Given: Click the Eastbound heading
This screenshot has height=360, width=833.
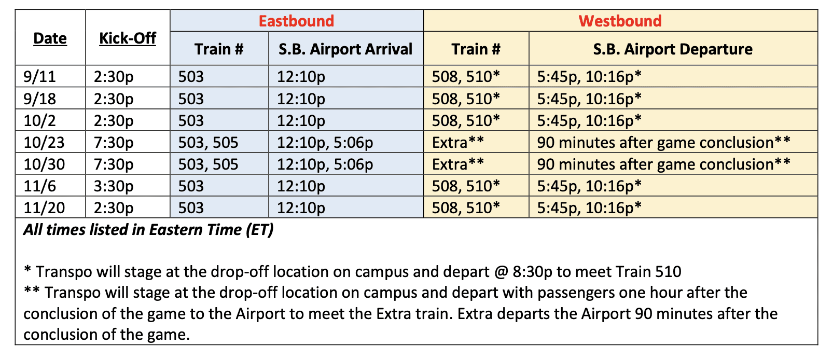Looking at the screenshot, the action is tap(296, 21).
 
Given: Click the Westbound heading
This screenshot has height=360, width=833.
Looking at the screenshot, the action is tap(620, 21).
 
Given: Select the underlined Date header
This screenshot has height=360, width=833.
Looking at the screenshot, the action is tap(50, 38).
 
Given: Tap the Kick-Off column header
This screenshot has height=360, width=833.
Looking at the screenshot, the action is tap(128, 38).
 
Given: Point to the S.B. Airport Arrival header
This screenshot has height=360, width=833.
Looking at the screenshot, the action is tap(345, 49).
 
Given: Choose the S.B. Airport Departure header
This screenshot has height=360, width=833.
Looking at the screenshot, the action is tap(673, 49).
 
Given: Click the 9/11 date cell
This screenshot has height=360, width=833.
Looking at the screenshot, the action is tap(40, 77).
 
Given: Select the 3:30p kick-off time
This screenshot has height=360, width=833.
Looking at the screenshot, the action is tap(114, 186).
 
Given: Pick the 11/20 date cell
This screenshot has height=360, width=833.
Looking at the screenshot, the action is tap(44, 207).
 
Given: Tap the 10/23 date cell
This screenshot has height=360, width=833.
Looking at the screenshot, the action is tap(44, 143).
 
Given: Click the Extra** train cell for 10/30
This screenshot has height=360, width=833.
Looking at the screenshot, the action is tap(458, 164).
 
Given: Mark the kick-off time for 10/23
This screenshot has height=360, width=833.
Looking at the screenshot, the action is tap(114, 143).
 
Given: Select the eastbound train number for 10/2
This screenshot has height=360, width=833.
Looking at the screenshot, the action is tap(191, 120).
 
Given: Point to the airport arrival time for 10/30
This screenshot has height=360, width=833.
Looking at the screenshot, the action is tap(325, 164).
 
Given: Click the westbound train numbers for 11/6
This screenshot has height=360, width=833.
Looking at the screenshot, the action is tap(466, 186).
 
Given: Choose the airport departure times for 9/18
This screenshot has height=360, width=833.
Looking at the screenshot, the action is tap(589, 99).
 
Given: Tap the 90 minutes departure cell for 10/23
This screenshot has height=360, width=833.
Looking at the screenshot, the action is tap(664, 143).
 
